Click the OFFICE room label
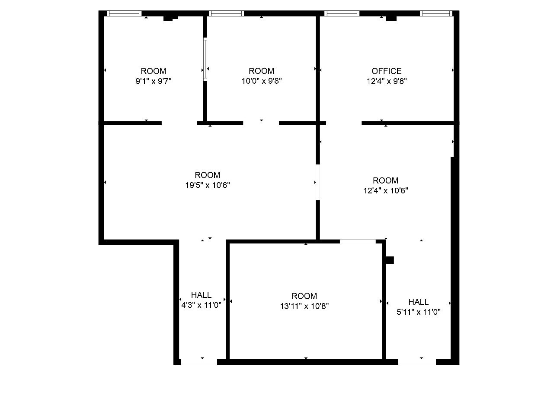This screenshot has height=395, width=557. click(386, 71)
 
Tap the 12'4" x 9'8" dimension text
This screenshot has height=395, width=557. click(386, 81)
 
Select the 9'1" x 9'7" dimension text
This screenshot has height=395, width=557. click(154, 81)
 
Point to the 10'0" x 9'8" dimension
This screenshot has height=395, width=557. click(261, 81)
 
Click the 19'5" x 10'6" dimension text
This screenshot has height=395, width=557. click(208, 185)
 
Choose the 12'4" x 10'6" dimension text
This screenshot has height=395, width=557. click(385, 190)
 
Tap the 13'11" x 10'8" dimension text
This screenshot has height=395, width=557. click(304, 306)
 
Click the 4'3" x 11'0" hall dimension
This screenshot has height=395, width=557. click(201, 305)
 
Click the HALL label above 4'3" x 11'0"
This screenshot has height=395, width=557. click(201, 295)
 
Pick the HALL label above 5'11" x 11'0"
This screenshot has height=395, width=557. click(419, 302)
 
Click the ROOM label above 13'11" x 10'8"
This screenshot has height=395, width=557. click(304, 296)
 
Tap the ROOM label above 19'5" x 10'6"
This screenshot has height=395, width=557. click(208, 175)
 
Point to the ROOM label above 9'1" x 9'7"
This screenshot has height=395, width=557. click(154, 71)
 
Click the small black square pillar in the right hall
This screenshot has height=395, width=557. click(390, 260)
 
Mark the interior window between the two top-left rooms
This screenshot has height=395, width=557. click(205, 59)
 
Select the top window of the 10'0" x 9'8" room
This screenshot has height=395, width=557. click(226, 13)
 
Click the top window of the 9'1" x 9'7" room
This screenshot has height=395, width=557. click(124, 13)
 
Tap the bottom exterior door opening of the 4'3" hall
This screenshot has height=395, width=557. click(199, 362)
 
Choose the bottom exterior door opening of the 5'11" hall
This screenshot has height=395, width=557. click(417, 362)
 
